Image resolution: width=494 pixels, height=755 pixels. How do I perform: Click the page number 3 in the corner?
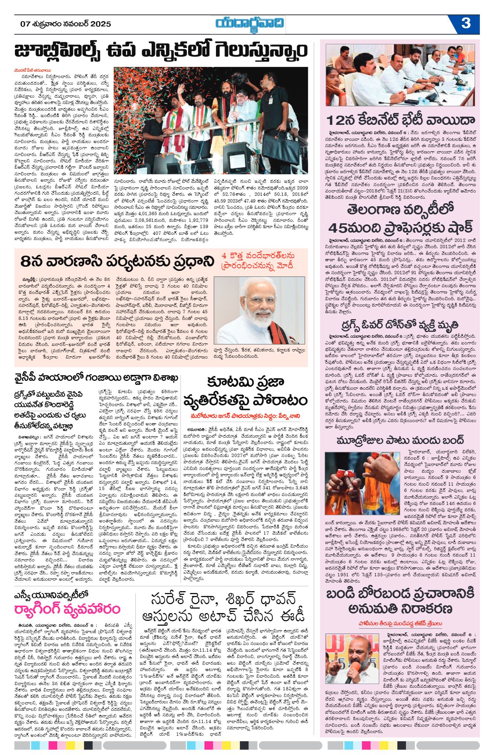click(466, 23)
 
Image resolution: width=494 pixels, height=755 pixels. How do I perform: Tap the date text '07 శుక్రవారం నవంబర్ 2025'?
click(66, 24)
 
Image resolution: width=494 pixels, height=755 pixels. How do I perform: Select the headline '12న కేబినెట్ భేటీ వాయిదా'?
click(401, 120)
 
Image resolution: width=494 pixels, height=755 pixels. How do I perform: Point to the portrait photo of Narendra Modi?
click(259, 310)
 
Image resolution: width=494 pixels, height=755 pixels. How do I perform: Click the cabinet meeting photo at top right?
click(400, 75)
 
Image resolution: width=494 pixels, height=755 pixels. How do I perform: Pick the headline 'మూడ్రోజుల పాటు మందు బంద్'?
click(400, 441)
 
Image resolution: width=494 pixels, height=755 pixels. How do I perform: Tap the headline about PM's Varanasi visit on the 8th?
click(118, 261)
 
